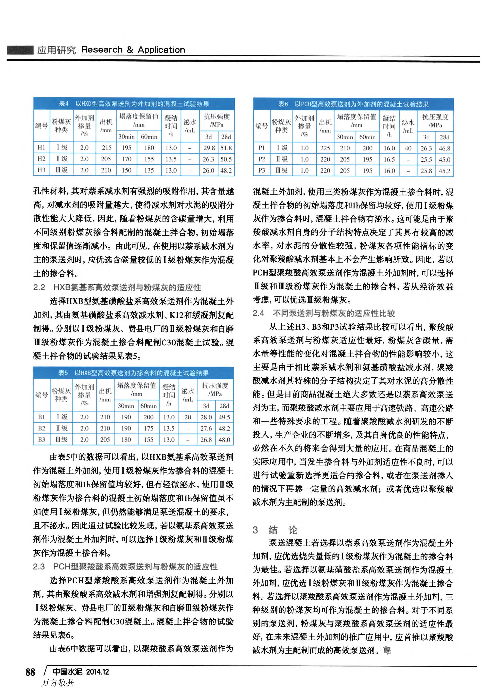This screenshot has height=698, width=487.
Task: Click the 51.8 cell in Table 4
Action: pyautogui.click(x=226, y=148)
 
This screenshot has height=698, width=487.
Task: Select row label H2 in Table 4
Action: pyautogui.click(x=41, y=159)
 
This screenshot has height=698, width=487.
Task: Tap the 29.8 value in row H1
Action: pyautogui.click(x=209, y=148)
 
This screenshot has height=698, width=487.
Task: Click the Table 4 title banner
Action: pyautogui.click(x=134, y=104)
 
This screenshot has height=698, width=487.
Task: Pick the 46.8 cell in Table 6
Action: pyautogui.click(x=444, y=148)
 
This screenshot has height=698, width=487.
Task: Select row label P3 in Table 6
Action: pyautogui.click(x=261, y=170)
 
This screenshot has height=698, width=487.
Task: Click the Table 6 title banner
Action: pyautogui.click(x=353, y=104)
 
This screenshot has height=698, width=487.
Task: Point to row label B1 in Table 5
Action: pyautogui.click(x=41, y=417)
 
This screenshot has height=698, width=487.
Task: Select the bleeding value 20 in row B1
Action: pyautogui.click(x=188, y=417)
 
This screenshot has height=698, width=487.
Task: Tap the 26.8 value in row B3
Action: pyautogui.click(x=206, y=440)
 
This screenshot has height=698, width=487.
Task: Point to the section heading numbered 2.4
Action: pyautogui.click(x=324, y=313)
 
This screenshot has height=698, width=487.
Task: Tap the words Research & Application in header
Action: pyautogui.click(x=133, y=50)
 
